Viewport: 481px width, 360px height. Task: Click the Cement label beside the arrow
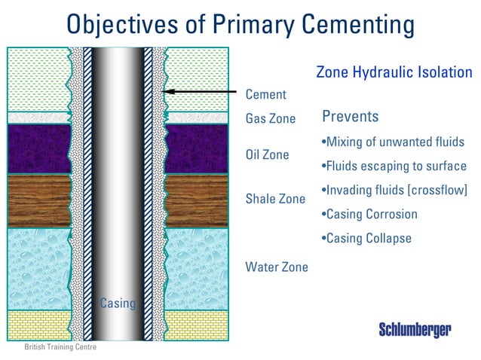pyautogui.click(x=266, y=95)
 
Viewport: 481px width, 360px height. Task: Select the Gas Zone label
pyautogui.click(x=271, y=119)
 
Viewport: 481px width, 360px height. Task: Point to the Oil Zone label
pyautogui.click(x=267, y=155)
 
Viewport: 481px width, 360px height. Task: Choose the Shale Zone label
pyautogui.click(x=275, y=199)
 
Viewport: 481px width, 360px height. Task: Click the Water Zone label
pyautogui.click(x=277, y=267)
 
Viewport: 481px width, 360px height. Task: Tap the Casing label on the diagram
pyautogui.click(x=118, y=304)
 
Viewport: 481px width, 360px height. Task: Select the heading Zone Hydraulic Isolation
pyautogui.click(x=394, y=73)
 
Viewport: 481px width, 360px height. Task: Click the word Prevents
pyautogui.click(x=350, y=117)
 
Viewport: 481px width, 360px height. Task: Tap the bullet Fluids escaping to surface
pyautogui.click(x=394, y=166)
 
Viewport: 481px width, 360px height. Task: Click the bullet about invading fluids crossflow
pyautogui.click(x=394, y=191)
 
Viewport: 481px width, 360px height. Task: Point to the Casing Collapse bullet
pyautogui.click(x=366, y=239)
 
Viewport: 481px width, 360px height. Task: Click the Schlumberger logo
pyautogui.click(x=415, y=330)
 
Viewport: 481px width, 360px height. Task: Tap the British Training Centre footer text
pyautogui.click(x=60, y=348)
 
